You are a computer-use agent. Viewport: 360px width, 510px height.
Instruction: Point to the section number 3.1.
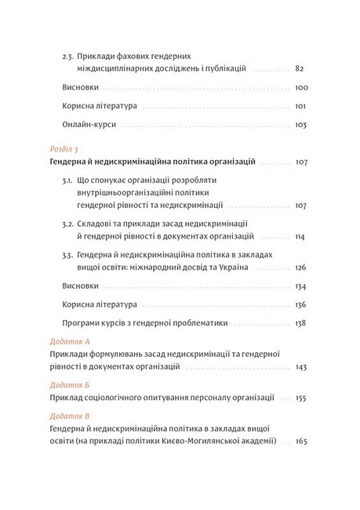tap(67, 180)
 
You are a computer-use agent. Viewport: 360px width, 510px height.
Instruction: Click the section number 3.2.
tap(67, 224)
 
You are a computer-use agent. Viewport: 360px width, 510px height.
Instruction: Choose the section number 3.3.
tap(67, 256)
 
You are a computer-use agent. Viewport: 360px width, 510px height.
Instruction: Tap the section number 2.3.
tap(67, 56)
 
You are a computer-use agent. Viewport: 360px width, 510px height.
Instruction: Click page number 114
tap(300, 236)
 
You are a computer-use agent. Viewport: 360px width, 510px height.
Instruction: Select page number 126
tap(300, 268)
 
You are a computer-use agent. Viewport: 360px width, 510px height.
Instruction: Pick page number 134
tap(300, 286)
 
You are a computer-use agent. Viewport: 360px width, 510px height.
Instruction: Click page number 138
tap(300, 322)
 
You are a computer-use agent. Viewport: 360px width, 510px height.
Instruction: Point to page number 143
tap(300, 366)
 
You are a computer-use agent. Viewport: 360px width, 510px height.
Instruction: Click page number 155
tap(300, 399)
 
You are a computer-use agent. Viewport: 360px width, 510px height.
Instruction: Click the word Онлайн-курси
tap(85, 124)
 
